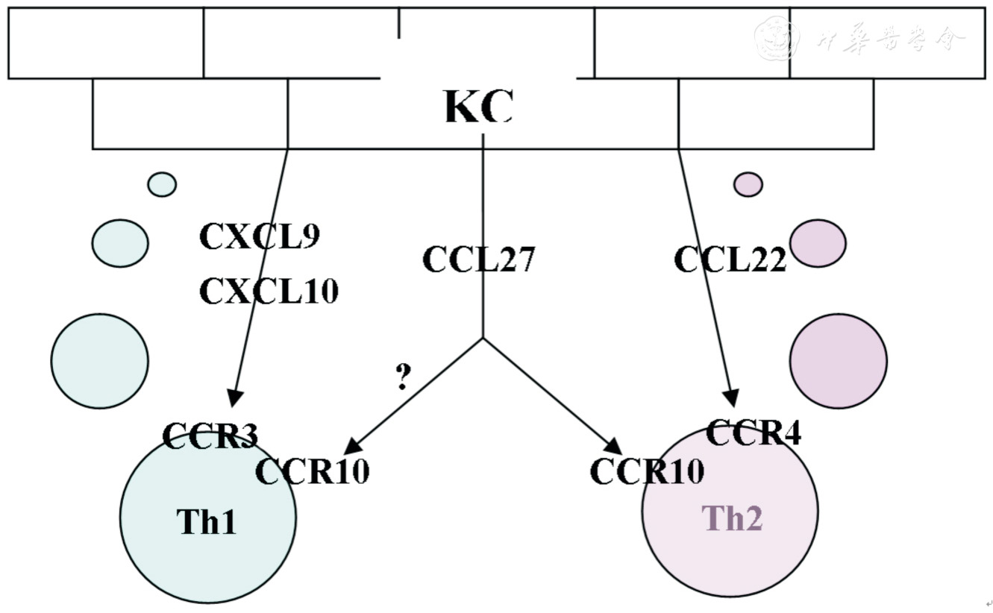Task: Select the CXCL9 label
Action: point(259,237)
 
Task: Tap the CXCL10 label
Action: point(269,291)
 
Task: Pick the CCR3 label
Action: point(210,436)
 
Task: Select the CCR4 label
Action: point(753,433)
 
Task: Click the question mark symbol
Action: point(403,378)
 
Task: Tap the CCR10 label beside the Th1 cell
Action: point(312,471)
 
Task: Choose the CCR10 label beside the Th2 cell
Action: point(647,471)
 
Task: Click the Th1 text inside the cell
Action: point(207,521)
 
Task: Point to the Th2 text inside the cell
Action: point(732,518)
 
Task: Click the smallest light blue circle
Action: point(162,184)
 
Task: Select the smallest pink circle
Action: point(748,184)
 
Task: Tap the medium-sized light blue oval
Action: point(120,242)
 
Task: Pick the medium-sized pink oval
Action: point(818,242)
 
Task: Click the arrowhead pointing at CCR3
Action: point(234,397)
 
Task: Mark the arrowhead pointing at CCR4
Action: point(732,398)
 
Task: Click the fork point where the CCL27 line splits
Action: point(483,338)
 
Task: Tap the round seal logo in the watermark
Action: point(777,39)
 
